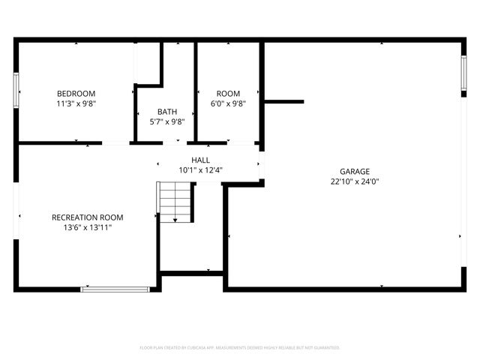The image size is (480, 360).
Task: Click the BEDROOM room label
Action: [x=76, y=93]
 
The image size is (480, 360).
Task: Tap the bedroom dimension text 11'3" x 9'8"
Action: [x=76, y=103]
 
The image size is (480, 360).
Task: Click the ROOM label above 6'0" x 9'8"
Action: [x=228, y=93]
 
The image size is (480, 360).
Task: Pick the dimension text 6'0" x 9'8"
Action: [x=228, y=103]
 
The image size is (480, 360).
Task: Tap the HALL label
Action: [x=200, y=160]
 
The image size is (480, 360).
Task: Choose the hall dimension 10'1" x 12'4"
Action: [x=200, y=170]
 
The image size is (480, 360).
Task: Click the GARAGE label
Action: [x=355, y=171]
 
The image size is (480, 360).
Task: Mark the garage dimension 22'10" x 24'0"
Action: [x=355, y=181]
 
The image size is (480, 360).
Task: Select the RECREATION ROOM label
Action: [x=87, y=217]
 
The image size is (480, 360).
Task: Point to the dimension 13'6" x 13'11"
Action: [x=87, y=227]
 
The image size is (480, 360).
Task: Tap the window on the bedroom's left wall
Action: [x=16, y=89]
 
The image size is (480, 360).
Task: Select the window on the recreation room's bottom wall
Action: [x=115, y=288]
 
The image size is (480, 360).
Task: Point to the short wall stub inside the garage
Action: [x=284, y=101]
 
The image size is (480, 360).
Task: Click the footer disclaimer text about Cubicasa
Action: [x=240, y=348]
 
